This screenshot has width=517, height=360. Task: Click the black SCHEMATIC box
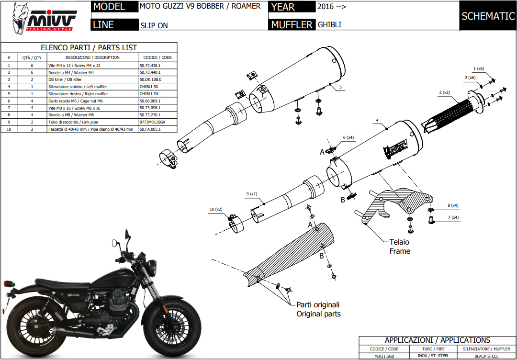488,16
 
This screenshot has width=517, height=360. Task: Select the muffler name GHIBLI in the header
330,24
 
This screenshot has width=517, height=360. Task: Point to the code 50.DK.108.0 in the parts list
150,79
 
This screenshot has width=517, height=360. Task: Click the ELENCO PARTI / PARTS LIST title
89,47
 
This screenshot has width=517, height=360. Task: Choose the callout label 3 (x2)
445,92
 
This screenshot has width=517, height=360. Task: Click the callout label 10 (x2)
216,209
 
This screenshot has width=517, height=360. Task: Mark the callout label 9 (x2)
251,194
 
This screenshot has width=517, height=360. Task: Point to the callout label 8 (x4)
453,205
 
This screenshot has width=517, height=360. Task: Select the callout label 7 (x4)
452,217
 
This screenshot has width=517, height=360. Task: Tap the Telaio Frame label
399,247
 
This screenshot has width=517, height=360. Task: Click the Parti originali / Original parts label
318,309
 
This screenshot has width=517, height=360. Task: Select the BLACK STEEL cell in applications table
486,356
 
